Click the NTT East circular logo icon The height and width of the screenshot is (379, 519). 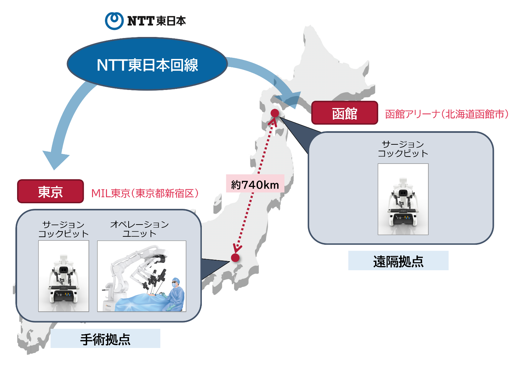click(114, 21)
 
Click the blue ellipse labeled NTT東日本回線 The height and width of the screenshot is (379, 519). click(147, 64)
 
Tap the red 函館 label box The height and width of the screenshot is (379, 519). click(344, 113)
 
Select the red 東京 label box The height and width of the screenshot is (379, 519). click(51, 191)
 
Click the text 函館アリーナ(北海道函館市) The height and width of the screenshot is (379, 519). click(447, 114)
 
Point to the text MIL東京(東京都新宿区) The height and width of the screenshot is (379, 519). click(145, 193)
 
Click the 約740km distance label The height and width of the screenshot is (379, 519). click(255, 184)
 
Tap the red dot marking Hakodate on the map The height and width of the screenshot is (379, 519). click(275, 113)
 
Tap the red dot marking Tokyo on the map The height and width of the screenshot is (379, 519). click(235, 258)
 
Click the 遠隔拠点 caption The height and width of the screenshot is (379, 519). click(398, 261)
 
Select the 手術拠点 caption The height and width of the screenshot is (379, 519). click(105, 339)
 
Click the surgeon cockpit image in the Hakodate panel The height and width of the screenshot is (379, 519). click(403, 199)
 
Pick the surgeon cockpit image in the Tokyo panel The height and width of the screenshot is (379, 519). click(63, 276)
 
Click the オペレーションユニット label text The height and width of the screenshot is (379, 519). click(139, 229)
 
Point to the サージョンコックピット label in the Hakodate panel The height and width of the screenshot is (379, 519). click(403, 149)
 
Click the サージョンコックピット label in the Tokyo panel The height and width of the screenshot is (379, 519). click(63, 229)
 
